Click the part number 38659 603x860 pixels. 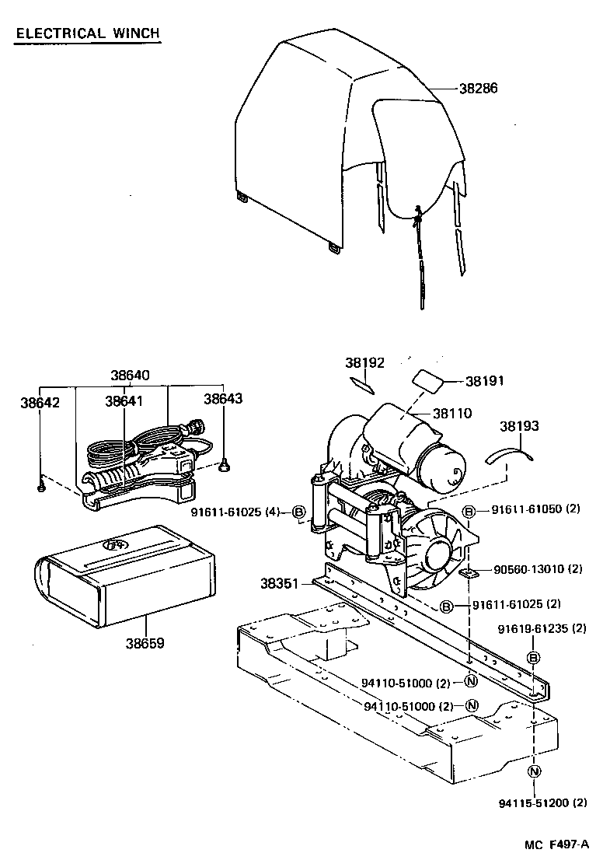pyautogui.click(x=145, y=644)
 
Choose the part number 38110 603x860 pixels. pyautogui.click(x=453, y=414)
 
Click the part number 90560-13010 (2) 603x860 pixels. pyautogui.click(x=538, y=569)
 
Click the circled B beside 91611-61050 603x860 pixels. pyautogui.click(x=469, y=511)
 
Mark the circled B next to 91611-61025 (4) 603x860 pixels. pyautogui.click(x=298, y=511)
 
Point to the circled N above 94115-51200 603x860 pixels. pyautogui.click(x=533, y=771)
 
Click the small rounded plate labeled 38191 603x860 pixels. pyautogui.click(x=427, y=379)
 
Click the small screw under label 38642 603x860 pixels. pyautogui.click(x=40, y=487)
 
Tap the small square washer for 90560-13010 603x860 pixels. pyautogui.click(x=469, y=573)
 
